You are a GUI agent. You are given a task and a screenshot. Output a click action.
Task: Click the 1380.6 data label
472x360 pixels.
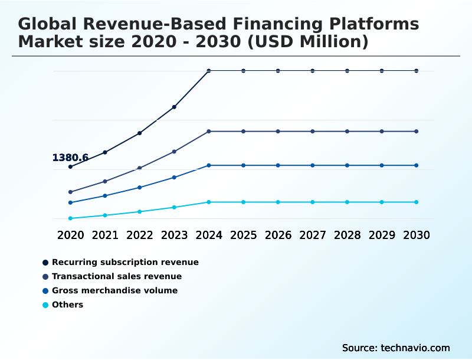[70, 158]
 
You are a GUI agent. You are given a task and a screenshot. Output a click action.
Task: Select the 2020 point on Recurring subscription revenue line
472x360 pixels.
[70, 166]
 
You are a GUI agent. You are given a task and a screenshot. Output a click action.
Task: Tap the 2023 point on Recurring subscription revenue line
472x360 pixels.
[174, 107]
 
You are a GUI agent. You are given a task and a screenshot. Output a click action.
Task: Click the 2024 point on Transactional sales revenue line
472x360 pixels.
[209, 131]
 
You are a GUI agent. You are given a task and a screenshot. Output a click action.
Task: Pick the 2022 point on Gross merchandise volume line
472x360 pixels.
[139, 187]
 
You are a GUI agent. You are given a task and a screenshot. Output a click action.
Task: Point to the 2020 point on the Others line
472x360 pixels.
[70, 218]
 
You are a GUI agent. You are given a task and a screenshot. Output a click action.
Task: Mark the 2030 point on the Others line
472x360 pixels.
[416, 202]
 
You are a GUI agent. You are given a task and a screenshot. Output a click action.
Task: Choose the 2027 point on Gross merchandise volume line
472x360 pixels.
[312, 165]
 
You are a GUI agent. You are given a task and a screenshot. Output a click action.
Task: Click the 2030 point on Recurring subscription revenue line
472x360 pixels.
[416, 71]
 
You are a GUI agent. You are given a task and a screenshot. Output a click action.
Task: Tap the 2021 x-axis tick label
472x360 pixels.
[105, 235]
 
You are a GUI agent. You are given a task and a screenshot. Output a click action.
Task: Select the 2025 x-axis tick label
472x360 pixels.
[243, 235]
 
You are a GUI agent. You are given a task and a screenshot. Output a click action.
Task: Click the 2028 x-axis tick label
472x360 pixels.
[347, 235]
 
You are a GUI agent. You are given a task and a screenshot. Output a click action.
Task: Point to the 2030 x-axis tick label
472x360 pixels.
[416, 235]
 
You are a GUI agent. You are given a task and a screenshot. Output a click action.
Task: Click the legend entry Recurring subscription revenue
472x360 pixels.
[125, 262]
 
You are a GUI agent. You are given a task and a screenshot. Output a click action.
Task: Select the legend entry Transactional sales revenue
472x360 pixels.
[117, 276]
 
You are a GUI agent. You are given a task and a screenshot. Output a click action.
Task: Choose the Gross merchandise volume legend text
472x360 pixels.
[114, 290]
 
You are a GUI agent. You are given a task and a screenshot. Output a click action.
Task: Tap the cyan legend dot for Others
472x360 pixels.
[45, 305]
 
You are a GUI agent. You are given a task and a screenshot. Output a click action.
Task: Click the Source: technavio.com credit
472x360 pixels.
[396, 348]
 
